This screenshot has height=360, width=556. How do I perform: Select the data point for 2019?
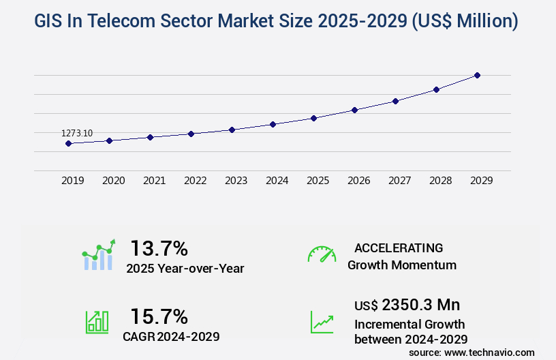68,143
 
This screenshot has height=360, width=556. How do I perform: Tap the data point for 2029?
477,75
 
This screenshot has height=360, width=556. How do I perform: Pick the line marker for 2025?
313,118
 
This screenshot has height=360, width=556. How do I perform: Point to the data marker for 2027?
395,101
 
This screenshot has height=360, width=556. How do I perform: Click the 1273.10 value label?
77,133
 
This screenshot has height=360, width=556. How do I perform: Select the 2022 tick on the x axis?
195,181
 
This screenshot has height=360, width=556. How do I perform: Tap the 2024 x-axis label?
277,181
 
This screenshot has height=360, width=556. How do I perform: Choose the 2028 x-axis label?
440,181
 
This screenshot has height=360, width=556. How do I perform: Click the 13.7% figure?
159,248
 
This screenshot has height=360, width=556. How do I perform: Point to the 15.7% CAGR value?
159,316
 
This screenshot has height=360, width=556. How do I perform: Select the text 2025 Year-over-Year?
185,269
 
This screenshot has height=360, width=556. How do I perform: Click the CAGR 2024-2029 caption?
171,336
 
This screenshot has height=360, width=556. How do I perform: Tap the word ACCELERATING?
399,247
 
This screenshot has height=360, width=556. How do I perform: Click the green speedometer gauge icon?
322,254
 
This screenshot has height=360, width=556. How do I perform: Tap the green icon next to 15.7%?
97,322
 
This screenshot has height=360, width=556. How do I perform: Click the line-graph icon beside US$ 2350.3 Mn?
322,322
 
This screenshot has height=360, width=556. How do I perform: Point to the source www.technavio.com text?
472,352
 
